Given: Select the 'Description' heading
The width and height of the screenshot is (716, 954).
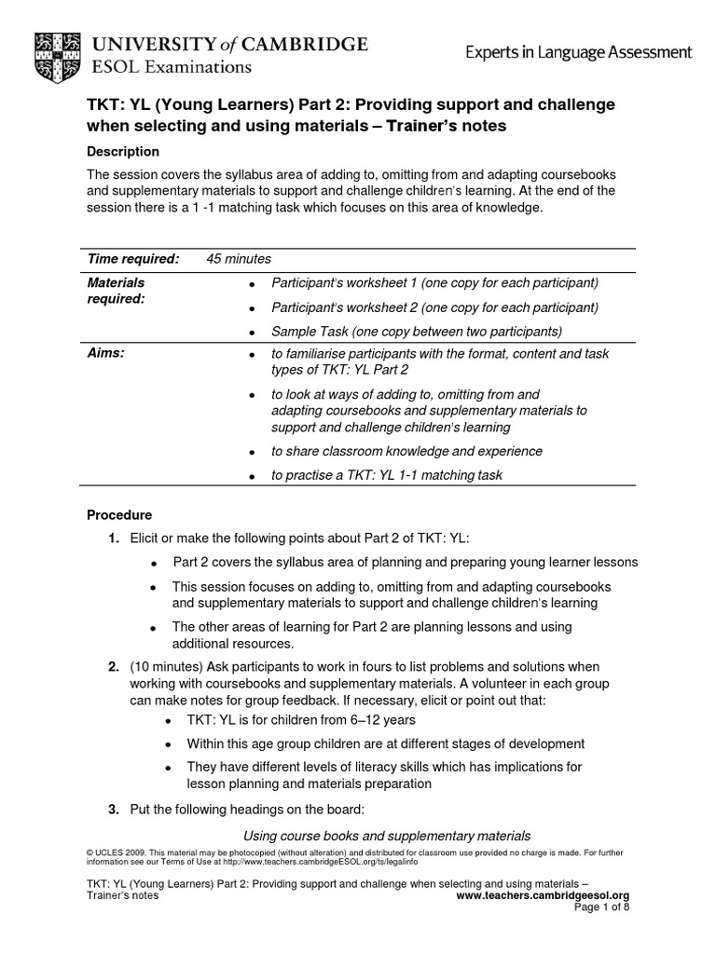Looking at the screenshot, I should coord(123,151).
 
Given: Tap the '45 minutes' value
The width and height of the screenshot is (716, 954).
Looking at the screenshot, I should coord(239,258).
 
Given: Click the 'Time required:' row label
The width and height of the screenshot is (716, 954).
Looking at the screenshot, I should coord(132,258).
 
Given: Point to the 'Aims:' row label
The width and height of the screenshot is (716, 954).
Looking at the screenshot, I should coord(106,354).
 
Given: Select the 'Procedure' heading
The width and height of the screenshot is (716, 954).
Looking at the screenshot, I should coord(119,514).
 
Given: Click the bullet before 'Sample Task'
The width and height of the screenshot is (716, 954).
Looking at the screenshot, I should coord(252,333).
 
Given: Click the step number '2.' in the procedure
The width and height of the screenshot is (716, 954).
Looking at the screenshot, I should coord(113,667).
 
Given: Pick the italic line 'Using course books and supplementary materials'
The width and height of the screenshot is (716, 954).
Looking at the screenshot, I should coord(387,835).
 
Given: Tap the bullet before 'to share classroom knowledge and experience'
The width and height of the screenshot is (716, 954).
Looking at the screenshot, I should coord(252,452).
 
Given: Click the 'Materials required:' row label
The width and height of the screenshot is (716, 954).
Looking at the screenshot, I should coord(117,290).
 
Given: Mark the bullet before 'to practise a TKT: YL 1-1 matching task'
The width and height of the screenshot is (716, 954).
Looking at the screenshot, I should coord(252,476).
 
